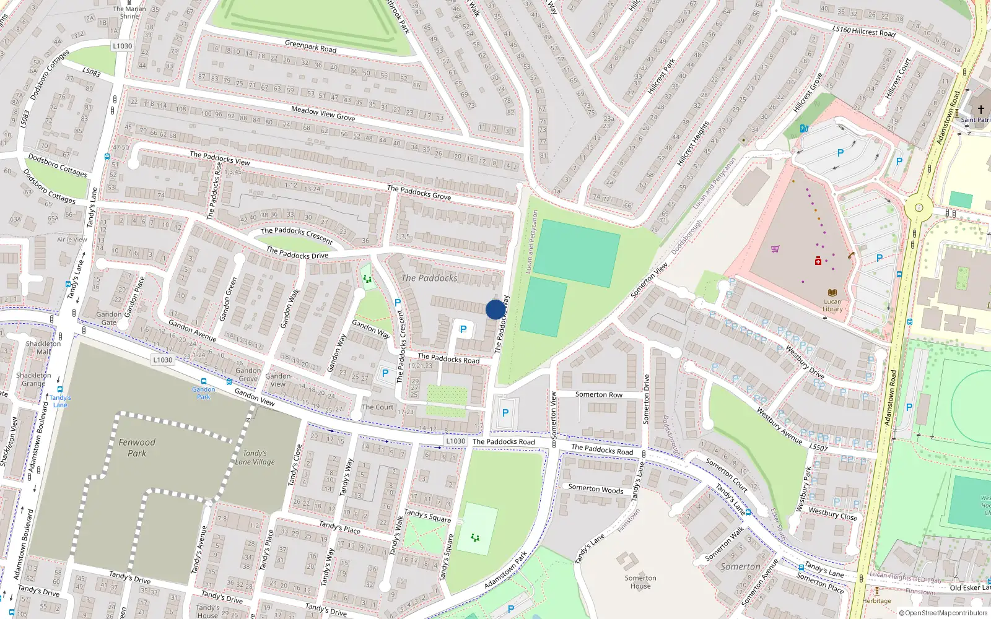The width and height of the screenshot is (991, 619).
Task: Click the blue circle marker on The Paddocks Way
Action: tap(495, 309)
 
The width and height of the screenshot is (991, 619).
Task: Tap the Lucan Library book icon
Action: tap(832, 293)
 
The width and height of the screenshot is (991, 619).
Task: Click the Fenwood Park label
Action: tap(137, 448)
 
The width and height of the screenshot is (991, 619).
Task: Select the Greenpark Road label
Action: tap(310, 46)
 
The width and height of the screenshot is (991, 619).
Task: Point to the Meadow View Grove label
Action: tap(323, 113)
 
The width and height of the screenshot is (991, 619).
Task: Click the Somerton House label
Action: tap(640, 582)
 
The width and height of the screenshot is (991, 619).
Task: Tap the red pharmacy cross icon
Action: tap(818, 261)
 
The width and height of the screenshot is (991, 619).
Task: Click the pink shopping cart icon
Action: tap(775, 249)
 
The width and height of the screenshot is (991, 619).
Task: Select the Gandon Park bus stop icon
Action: tap(203, 381)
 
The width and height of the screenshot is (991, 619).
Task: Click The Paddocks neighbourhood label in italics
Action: tap(429, 279)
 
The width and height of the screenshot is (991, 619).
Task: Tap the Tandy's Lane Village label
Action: tap(255, 457)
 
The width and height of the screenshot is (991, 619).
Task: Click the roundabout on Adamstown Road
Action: tap(919, 208)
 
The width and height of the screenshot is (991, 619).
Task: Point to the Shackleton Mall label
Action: tap(43, 347)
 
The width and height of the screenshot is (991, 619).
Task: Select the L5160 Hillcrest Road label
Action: tap(863, 30)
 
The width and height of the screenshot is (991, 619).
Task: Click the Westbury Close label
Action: tap(832, 514)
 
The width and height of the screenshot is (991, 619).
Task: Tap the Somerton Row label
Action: tap(598, 394)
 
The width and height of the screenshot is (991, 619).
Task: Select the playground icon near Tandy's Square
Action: tap(475, 537)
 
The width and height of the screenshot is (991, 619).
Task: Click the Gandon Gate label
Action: tap(109, 318)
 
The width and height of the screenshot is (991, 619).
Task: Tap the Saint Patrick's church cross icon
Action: tap(980, 110)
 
